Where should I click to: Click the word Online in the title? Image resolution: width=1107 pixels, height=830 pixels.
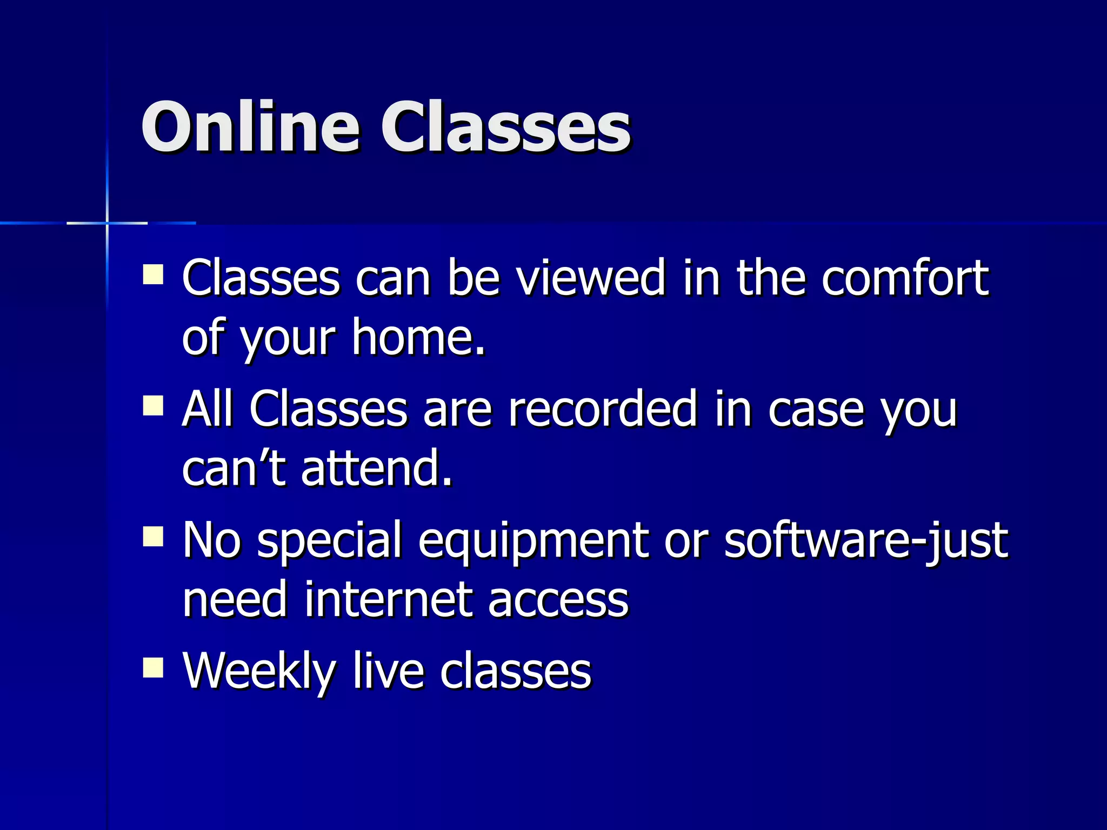click(250, 128)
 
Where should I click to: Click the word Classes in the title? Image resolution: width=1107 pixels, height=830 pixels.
click(505, 128)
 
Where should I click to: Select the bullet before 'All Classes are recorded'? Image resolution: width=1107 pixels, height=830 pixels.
click(153, 405)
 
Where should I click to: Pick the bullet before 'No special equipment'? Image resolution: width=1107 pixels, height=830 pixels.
click(153, 537)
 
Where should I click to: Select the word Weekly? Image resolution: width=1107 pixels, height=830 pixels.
click(259, 672)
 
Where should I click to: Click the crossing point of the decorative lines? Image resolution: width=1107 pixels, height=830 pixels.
click(107, 223)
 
